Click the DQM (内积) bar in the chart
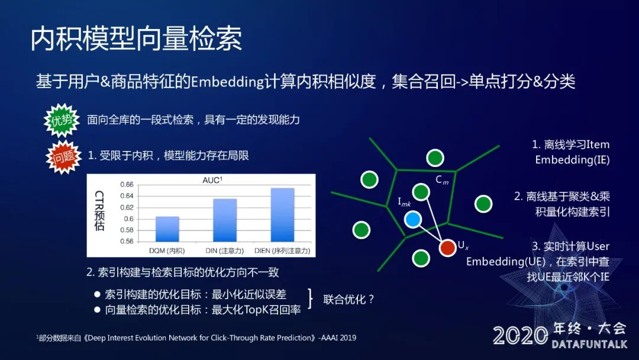click(x=167, y=229)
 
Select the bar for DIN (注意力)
click(x=225, y=220)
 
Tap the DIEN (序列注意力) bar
click(x=282, y=215)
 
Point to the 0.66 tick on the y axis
click(x=127, y=185)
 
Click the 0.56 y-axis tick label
click(x=127, y=242)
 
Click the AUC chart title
click(x=212, y=180)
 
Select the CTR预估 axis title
click(x=99, y=211)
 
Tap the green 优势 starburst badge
click(x=62, y=120)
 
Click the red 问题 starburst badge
click(x=63, y=157)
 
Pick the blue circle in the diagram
click(x=413, y=220)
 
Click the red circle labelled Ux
click(x=447, y=247)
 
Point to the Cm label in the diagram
click(x=442, y=180)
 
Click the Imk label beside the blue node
click(x=404, y=202)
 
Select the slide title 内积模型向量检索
click(x=136, y=38)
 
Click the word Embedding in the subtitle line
click(x=227, y=82)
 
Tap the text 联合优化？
click(x=348, y=299)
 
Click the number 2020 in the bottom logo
click(x=521, y=336)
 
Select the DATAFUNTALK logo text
click(x=589, y=344)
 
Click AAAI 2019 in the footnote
click(x=338, y=337)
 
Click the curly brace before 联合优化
click(x=311, y=298)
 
